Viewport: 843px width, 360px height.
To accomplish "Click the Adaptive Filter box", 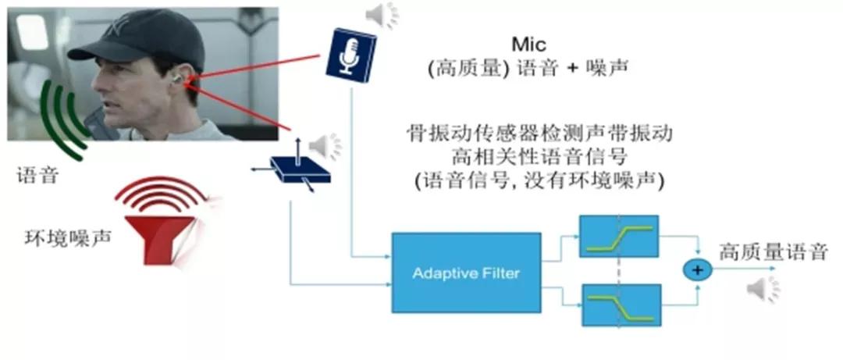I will (x=466, y=273).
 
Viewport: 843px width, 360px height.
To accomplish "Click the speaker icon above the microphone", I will (x=382, y=14).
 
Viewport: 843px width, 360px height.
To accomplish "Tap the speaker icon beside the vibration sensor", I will (x=325, y=145).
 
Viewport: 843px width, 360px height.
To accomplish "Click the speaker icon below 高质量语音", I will (x=761, y=290).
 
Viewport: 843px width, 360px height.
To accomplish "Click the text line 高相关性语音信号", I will (x=540, y=156).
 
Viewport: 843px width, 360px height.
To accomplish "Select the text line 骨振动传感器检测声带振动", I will (x=540, y=133).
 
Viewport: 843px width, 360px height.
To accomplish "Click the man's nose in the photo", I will (x=99, y=91).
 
